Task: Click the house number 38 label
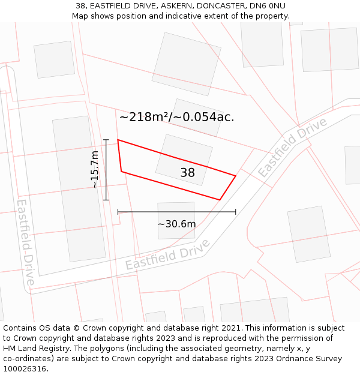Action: [x=188, y=173]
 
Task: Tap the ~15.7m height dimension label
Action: [x=95, y=170]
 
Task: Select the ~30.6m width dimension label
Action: [x=176, y=224]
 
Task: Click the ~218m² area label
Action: [x=176, y=117]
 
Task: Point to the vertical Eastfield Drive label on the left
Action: [x=26, y=241]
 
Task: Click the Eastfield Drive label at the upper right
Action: [x=292, y=147]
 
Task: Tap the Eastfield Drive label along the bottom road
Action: [x=167, y=255]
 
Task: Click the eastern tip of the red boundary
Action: [x=235, y=176]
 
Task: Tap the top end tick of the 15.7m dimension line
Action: [x=106, y=140]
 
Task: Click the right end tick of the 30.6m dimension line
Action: [x=235, y=211]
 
